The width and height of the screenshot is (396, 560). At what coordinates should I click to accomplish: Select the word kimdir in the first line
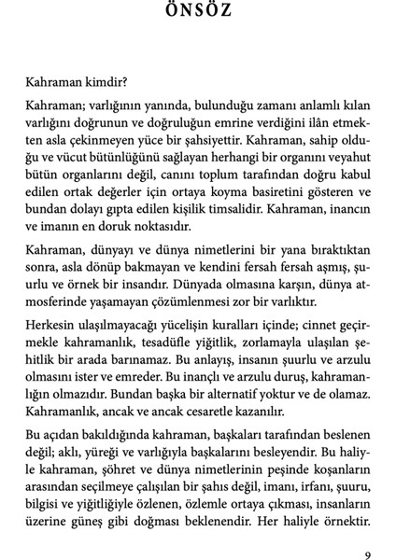pos(104,80)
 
